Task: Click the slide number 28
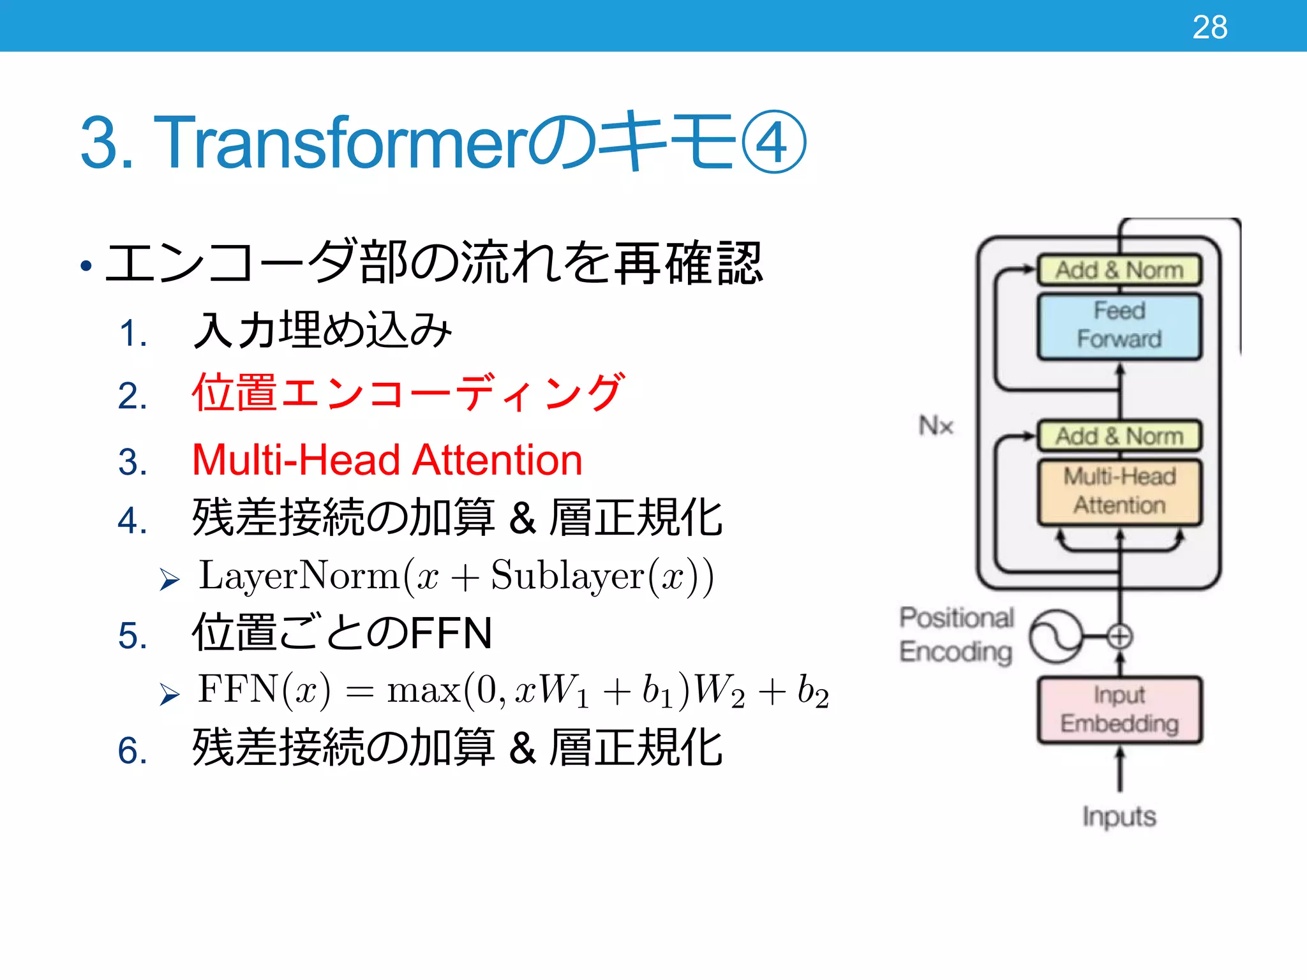(x=1209, y=27)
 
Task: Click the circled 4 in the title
(x=774, y=142)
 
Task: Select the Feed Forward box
(x=1119, y=326)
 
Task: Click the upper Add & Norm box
(x=1119, y=270)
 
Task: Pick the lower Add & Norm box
(x=1119, y=436)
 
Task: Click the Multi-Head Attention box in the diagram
(x=1119, y=491)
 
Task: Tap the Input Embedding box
(x=1119, y=709)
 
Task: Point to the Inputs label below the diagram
(x=1119, y=817)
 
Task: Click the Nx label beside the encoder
(x=936, y=426)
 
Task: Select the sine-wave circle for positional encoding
(x=1056, y=636)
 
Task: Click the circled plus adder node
(x=1119, y=636)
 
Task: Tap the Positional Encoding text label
(x=956, y=635)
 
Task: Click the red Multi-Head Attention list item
(x=387, y=460)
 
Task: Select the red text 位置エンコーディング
(x=408, y=392)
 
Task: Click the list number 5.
(x=132, y=636)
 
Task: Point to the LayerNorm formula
(x=456, y=576)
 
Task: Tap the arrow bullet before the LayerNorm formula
(x=169, y=579)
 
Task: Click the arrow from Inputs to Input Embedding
(x=1119, y=770)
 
